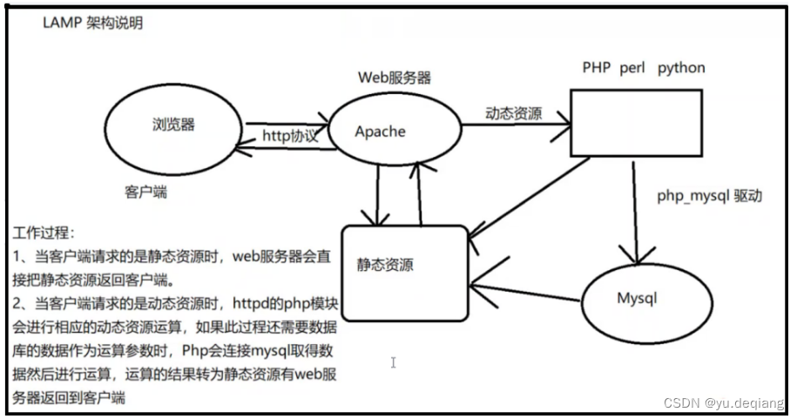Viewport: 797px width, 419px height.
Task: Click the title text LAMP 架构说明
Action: pos(92,24)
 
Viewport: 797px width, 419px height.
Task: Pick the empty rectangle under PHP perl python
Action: pos(636,124)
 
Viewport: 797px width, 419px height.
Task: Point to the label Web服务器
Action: pos(394,77)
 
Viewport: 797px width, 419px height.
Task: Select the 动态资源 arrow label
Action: pos(513,114)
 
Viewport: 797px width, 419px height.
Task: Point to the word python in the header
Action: pos(682,68)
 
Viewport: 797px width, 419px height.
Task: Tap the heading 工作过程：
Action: pos(45,234)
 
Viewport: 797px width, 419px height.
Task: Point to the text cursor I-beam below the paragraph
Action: pos(394,362)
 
